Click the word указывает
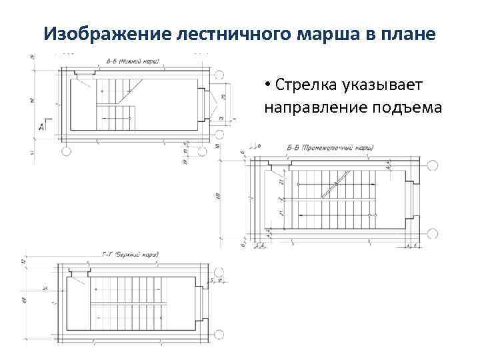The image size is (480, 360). (383, 86)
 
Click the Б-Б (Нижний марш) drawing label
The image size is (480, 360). (133, 61)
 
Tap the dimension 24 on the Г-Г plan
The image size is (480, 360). (45, 289)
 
